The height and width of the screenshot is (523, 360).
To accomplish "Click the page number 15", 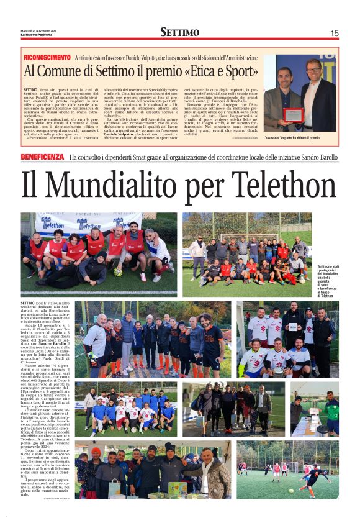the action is tap(335, 33).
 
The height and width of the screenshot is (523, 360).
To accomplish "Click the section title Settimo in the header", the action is tap(179, 32).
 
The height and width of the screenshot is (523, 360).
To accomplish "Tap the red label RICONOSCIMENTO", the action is tap(47, 57).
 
